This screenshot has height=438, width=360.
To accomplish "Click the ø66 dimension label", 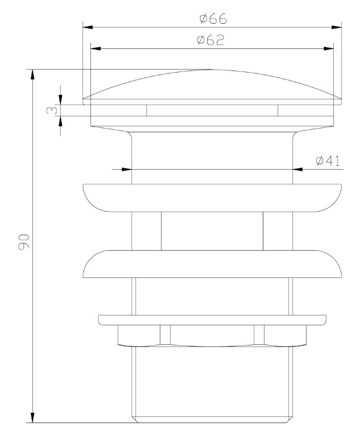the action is pos(213,19).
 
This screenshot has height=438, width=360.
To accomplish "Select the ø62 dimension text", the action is pos(210,40).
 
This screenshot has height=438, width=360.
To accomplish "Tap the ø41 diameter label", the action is pos(328,161).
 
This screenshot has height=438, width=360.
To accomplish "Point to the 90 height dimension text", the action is pos(24,242).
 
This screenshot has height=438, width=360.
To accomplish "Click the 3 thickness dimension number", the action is pos(52,110).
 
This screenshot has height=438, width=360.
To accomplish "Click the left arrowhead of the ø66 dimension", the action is pos(87,27).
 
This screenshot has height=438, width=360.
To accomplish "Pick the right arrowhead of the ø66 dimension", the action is pos(337,27).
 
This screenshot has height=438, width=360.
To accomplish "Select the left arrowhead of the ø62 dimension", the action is pos(96,48).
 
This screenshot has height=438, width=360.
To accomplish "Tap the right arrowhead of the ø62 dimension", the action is pos(329,48).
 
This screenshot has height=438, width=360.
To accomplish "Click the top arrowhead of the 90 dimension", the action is pos(32,74).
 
